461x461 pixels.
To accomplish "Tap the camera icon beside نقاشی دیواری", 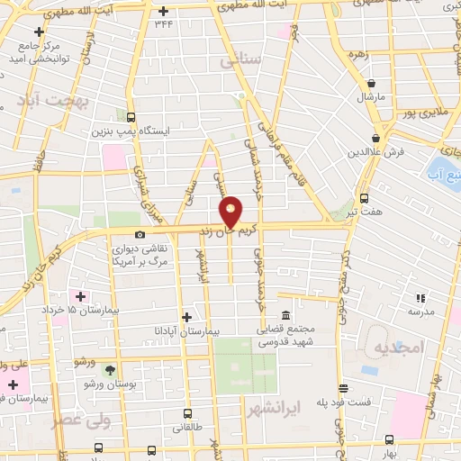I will click(x=140, y=234).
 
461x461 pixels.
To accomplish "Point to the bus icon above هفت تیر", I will click(x=365, y=198).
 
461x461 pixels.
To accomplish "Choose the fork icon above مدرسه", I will click(x=419, y=298).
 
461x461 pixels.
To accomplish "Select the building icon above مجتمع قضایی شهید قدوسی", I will click(x=285, y=315).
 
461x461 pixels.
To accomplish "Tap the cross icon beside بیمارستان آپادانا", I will click(x=187, y=317).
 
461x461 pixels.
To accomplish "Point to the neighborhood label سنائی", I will click(x=240, y=61).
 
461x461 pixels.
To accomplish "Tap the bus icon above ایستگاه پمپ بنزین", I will click(x=131, y=118).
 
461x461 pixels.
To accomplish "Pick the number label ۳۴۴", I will click(x=163, y=24).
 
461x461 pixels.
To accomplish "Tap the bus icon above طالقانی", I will click(x=187, y=413).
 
